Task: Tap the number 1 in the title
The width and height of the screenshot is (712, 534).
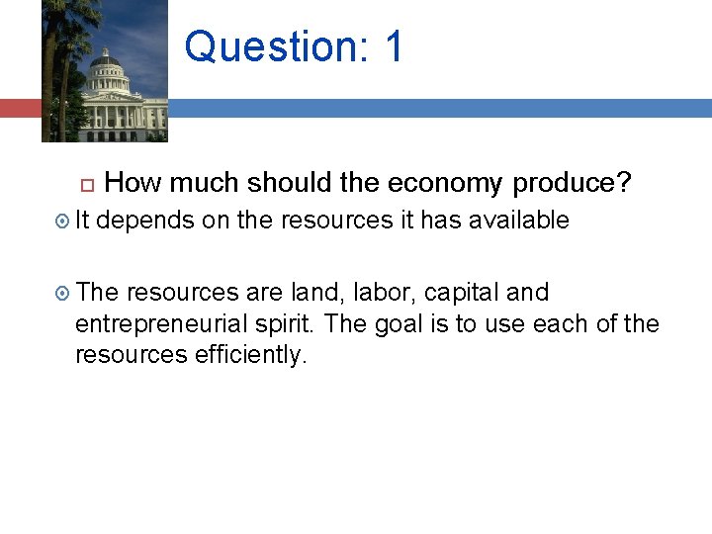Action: point(394,46)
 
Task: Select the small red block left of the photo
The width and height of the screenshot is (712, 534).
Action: point(20,108)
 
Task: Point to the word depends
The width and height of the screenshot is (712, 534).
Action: point(145,221)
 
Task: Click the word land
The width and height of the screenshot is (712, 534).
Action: point(312,293)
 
